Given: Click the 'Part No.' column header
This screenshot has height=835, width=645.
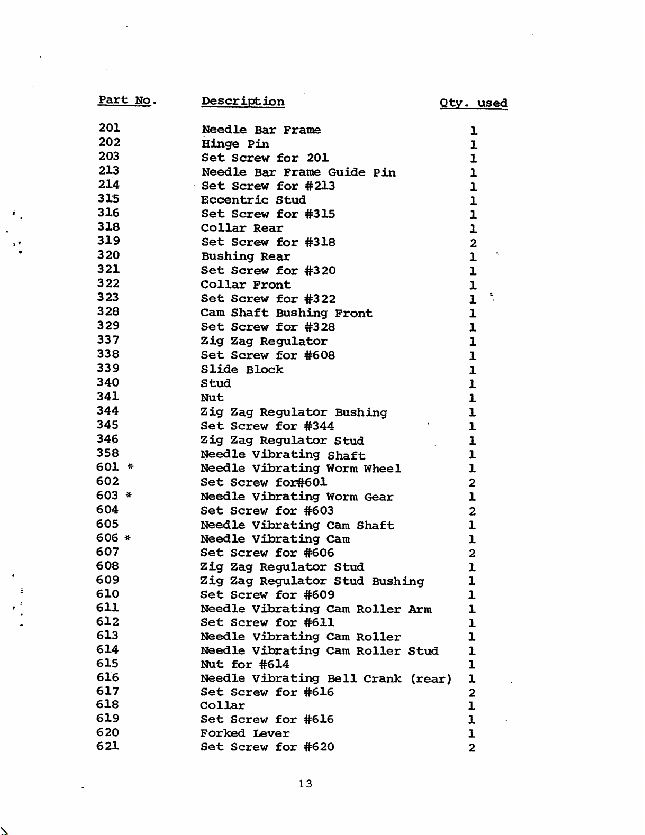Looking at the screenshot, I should (127, 100).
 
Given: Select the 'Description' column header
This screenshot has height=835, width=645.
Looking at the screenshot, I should (243, 102).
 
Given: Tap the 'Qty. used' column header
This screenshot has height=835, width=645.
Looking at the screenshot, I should (474, 103).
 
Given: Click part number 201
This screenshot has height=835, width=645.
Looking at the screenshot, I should (110, 128).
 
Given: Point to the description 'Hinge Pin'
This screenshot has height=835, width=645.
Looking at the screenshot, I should (235, 144).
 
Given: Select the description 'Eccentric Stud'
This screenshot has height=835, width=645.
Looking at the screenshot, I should (253, 200).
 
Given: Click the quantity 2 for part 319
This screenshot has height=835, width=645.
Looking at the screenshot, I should (473, 243).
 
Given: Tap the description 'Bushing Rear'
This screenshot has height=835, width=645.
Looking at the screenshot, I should (246, 256).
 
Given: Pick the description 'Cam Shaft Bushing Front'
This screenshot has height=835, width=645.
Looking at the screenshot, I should (286, 313).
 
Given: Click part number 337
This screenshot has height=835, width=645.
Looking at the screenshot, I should (108, 340).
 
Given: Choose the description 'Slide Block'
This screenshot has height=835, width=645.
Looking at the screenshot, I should (242, 369).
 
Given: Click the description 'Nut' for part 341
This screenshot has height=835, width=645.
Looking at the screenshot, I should (212, 398).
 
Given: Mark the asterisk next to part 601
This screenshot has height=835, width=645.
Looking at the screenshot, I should (130, 467).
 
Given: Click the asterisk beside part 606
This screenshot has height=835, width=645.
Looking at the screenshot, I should (128, 538).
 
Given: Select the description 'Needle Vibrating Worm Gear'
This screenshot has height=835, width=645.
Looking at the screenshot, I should (297, 497).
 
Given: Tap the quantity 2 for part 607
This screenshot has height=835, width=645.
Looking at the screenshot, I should (472, 554).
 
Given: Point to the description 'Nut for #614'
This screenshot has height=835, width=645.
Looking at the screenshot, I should (244, 665).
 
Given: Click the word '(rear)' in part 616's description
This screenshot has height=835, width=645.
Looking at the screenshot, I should (431, 678).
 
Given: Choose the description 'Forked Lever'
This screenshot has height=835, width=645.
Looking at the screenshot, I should (245, 733).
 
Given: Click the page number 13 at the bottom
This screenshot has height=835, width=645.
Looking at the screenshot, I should (305, 784).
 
